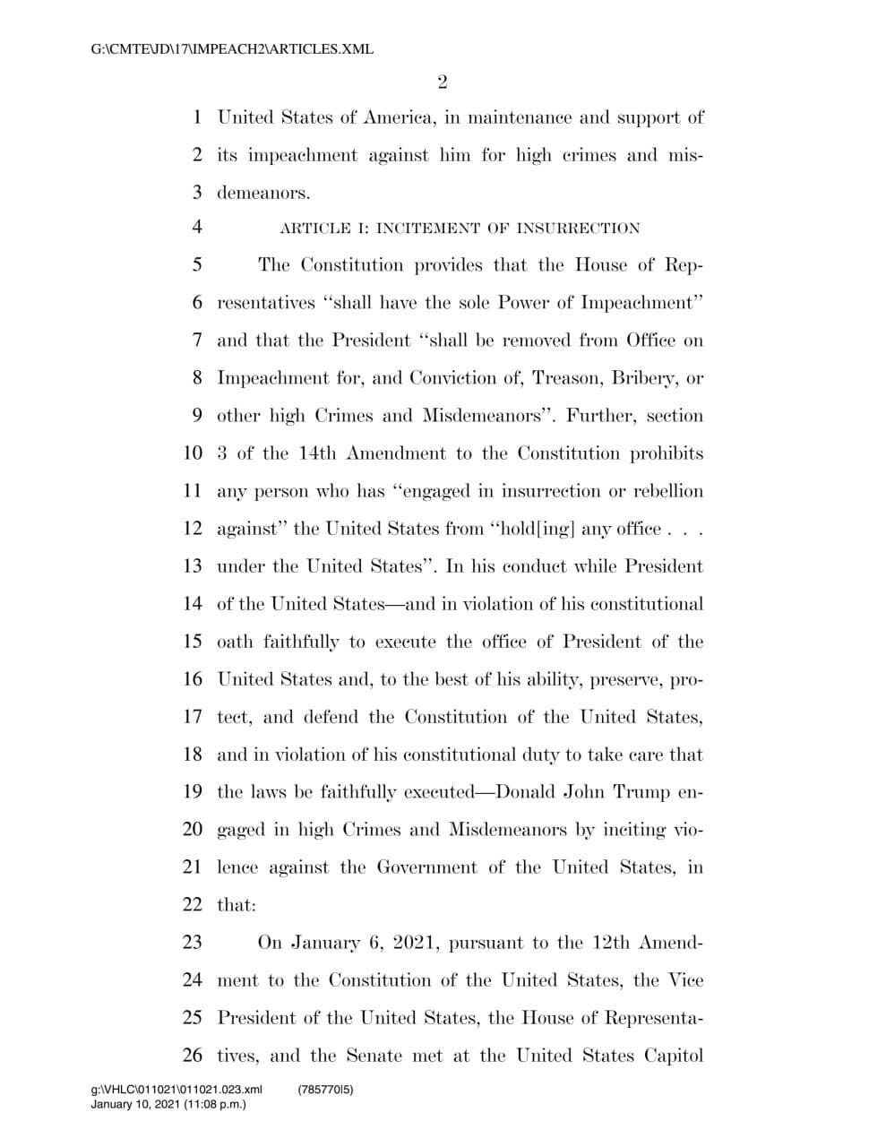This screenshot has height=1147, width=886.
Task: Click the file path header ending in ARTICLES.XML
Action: pyautogui.click(x=232, y=49)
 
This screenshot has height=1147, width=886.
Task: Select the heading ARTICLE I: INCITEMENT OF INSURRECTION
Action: pyautogui.click(x=460, y=229)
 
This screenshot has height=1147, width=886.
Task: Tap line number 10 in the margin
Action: pyautogui.click(x=193, y=453)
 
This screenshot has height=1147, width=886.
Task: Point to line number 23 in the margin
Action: pyautogui.click(x=193, y=943)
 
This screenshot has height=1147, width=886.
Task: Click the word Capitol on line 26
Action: pyautogui.click(x=673, y=1056)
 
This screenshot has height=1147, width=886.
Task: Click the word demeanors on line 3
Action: pyautogui.click(x=263, y=193)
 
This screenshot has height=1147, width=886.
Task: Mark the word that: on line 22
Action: pyautogui.click(x=237, y=905)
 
